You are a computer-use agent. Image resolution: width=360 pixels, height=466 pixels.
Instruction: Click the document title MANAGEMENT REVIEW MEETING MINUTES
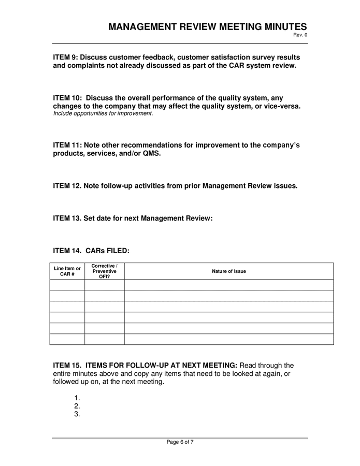[208, 27]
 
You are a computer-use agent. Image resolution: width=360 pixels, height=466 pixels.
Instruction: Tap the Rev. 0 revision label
[301, 35]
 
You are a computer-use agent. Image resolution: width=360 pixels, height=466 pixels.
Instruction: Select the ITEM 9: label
[65, 57]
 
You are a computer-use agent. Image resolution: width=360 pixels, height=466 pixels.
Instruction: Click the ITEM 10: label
[67, 98]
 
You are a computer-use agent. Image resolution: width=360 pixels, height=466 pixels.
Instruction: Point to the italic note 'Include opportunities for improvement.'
[103, 113]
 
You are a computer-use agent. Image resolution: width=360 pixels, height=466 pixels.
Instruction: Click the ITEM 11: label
[67, 145]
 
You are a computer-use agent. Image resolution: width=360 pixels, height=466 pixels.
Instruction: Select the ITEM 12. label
[67, 186]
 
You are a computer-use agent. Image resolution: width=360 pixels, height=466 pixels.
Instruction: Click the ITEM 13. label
[67, 219]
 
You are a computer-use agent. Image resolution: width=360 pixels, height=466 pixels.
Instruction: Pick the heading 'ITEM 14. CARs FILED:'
[91, 251]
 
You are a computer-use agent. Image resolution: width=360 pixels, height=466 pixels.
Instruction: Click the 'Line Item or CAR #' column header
[67, 271]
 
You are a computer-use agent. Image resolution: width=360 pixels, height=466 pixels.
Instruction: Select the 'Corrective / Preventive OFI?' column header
[105, 271]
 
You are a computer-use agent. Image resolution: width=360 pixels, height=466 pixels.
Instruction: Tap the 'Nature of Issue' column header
[229, 271]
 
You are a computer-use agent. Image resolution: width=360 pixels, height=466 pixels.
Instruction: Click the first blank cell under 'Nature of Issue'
[229, 285]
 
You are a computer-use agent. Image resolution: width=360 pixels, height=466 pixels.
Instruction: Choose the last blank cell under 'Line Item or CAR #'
[67, 339]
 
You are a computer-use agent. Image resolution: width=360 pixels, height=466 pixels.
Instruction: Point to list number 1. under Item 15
[77, 398]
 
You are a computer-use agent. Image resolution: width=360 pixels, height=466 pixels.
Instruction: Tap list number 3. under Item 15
[77, 414]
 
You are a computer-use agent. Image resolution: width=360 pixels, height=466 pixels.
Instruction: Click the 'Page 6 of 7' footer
[180, 442]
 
